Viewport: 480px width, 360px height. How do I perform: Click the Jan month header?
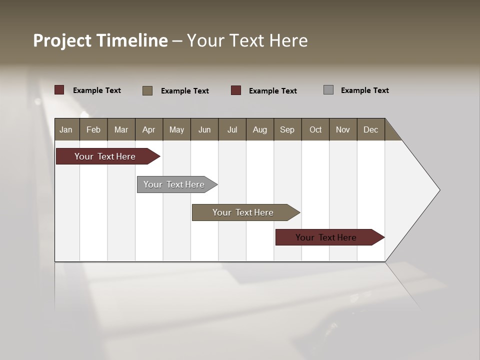[x=66, y=129]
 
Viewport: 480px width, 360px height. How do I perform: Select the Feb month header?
[x=93, y=129]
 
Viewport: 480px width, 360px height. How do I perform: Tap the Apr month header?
[x=148, y=129]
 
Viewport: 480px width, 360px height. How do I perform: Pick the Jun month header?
[x=204, y=129]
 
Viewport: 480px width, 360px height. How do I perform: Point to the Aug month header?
[x=259, y=129]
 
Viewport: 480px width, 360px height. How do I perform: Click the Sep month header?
[x=287, y=129]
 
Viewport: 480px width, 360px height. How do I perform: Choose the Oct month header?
[x=315, y=129]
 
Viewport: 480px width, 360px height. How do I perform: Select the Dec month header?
[x=370, y=129]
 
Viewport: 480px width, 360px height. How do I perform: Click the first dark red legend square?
[x=59, y=90]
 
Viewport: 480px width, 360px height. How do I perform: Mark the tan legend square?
[x=147, y=90]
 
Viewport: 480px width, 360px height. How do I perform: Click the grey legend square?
[x=328, y=90]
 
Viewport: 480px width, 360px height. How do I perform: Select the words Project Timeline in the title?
[x=100, y=40]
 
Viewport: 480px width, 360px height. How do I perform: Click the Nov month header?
[x=343, y=129]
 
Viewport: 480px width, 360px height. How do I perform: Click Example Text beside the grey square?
[x=364, y=90]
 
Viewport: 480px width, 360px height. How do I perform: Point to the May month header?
[x=176, y=129]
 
